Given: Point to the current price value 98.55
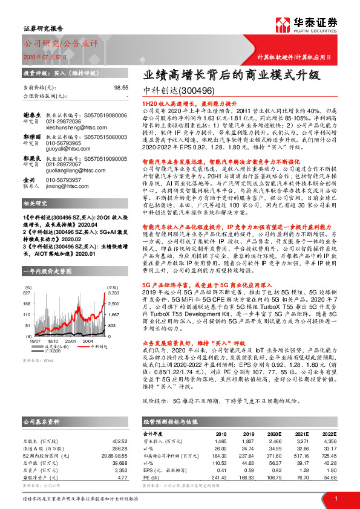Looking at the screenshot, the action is tap(121, 88).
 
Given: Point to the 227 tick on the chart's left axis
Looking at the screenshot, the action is tap(27, 292).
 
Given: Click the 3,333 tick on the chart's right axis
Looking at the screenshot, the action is tap(113, 292).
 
